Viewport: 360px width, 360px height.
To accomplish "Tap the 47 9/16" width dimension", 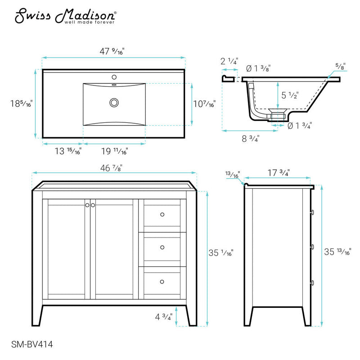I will tap(113, 51).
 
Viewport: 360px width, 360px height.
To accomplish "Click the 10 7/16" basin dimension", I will tap(203, 103).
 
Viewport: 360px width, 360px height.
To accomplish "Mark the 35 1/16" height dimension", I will tap(220, 252).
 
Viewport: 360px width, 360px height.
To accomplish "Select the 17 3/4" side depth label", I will tap(278, 172).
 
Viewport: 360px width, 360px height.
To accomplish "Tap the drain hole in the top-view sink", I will tap(114, 103).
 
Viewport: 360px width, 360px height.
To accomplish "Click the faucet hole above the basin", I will tap(114, 76).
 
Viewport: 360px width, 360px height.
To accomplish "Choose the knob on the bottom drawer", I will tap(162, 281).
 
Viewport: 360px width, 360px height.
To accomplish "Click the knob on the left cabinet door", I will tap(87, 205).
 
